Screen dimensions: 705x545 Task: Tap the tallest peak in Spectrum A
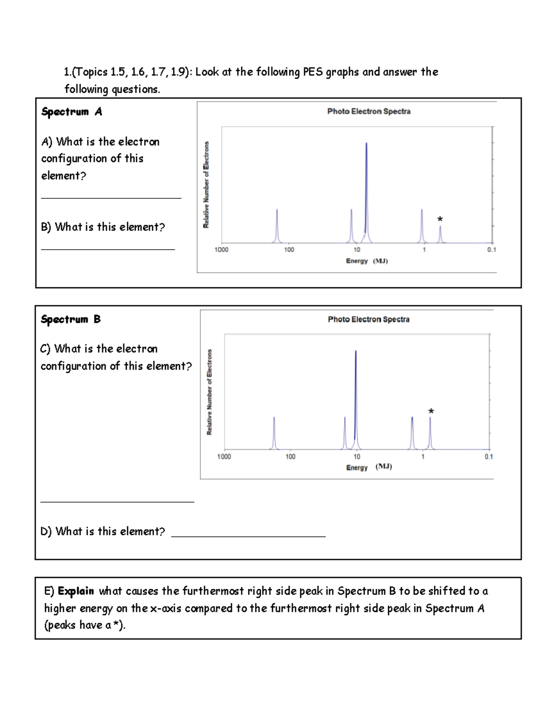click(367, 191)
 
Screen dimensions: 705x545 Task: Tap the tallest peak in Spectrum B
click(356, 395)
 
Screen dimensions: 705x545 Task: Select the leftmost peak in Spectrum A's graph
click(277, 227)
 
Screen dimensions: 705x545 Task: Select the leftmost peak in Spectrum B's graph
click(274, 434)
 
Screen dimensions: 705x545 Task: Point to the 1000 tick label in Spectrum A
click(221, 250)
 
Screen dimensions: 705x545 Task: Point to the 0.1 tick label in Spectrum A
click(491, 250)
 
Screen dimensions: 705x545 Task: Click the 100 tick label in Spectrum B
click(290, 457)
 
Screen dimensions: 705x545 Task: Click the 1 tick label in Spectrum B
click(423, 457)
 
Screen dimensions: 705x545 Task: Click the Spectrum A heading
click(72, 112)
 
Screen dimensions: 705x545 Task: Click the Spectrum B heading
click(71, 319)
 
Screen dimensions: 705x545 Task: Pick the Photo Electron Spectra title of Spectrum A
click(369, 111)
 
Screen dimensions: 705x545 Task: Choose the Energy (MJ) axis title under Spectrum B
click(369, 467)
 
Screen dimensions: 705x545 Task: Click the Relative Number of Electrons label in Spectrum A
click(206, 185)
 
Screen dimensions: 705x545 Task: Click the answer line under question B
click(108, 249)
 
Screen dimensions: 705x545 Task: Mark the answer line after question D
click(248, 537)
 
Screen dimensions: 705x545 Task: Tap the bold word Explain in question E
click(76, 591)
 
